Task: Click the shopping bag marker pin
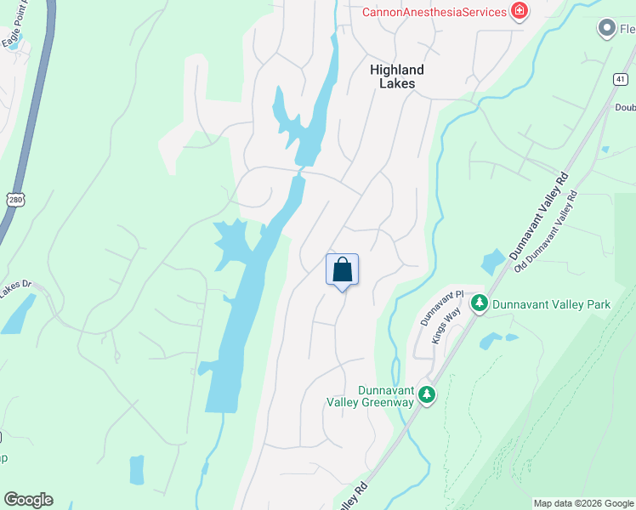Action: click(342, 270)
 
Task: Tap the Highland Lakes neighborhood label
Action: click(397, 76)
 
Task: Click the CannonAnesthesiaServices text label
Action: click(434, 11)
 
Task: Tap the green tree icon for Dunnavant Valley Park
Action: click(479, 303)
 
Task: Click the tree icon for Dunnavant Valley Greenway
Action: click(427, 394)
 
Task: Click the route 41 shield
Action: click(623, 78)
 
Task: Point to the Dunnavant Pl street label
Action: click(443, 308)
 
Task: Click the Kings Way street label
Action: click(440, 327)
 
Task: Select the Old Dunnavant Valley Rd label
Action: click(546, 230)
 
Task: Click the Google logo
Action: click(28, 500)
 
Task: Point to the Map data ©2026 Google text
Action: click(583, 503)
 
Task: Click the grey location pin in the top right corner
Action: click(607, 29)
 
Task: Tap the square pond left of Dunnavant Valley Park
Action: click(492, 262)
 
